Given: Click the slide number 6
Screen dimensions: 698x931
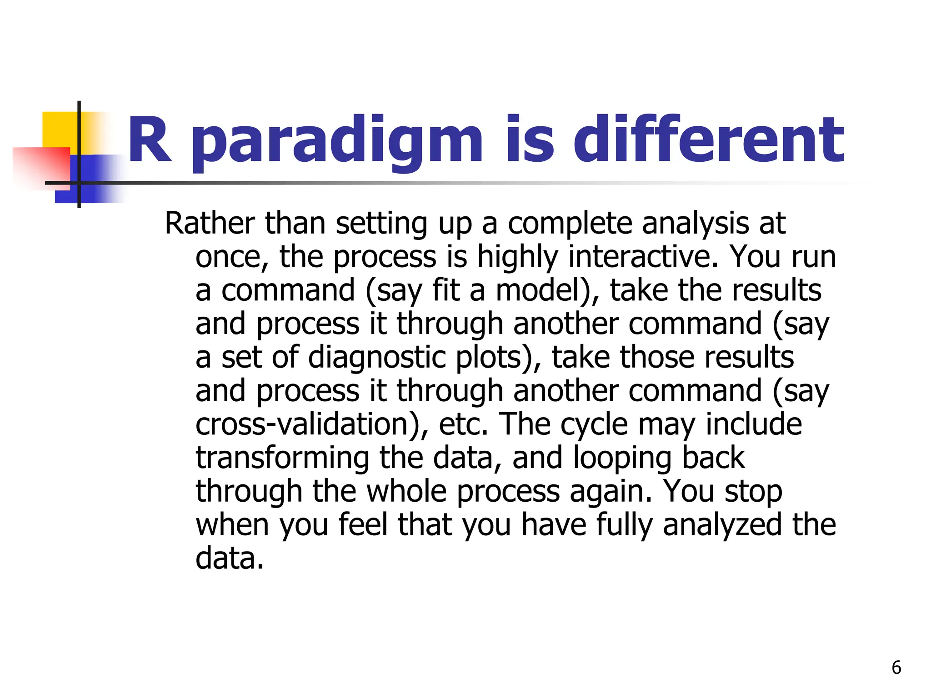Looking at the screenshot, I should [x=896, y=668].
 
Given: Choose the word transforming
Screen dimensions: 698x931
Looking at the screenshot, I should [x=282, y=458].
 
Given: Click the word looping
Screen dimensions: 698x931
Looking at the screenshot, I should [x=622, y=458].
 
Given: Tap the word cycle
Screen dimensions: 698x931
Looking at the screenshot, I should [x=594, y=424].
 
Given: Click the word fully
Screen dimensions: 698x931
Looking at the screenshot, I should [x=624, y=525].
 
